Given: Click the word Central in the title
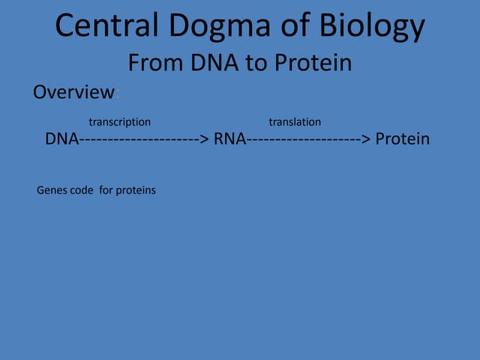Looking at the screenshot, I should pos(103,26).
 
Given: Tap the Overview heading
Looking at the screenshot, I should pos(73,93).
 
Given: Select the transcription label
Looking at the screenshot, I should pos(119,121).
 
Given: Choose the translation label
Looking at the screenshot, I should pos(295,121).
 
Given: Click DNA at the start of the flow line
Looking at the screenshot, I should pos(61,139).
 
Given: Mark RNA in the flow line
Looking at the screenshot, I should pos(230,139).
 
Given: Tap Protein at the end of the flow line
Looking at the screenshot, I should pos(402,139).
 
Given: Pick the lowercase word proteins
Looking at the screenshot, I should pos(135,190).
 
